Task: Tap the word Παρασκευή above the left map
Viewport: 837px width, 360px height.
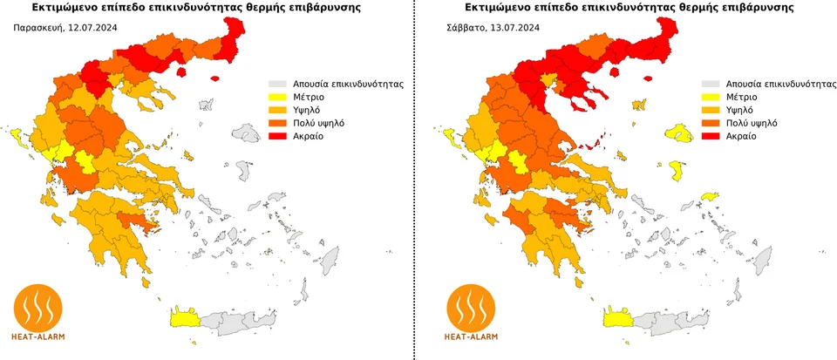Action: click(38, 28)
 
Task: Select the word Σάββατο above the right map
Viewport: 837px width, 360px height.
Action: click(466, 28)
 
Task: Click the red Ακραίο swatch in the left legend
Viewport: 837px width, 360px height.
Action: click(277, 137)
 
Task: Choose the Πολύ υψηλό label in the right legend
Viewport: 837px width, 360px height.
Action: click(755, 124)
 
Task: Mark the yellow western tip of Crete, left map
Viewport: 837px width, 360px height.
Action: click(184, 317)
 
